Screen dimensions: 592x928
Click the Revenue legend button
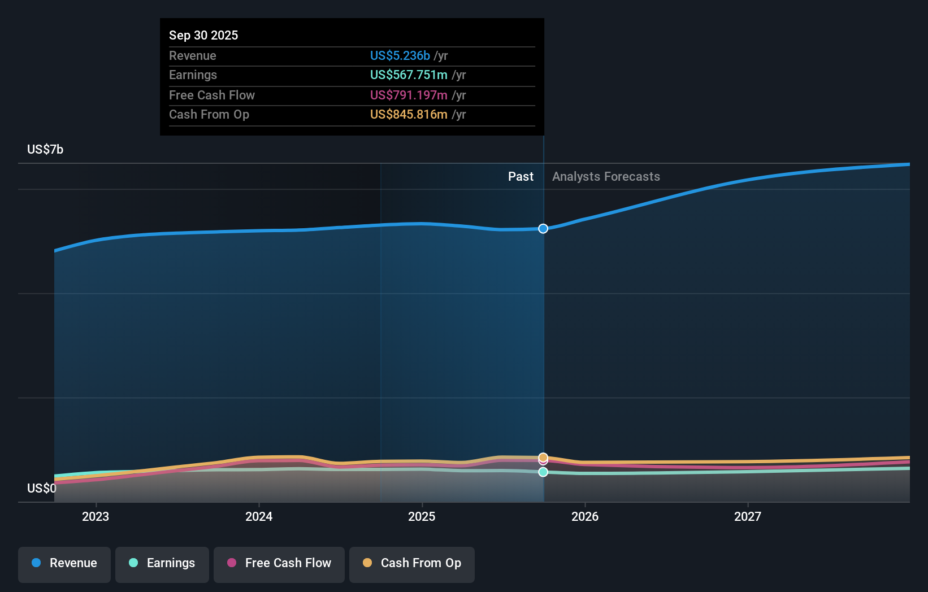click(64, 563)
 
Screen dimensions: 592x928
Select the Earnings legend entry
click(162, 563)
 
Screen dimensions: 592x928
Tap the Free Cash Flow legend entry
click(279, 563)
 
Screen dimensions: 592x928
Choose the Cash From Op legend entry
click(412, 563)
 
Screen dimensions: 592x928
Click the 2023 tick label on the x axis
click(96, 516)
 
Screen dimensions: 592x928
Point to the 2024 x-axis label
click(259, 516)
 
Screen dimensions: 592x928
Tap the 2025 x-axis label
click(422, 516)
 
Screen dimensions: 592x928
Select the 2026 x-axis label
click(585, 516)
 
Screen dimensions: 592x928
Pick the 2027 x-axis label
click(748, 516)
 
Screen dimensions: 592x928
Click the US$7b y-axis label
click(45, 150)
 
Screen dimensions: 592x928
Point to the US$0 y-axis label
click(42, 488)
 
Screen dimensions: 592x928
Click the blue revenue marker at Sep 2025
click(543, 229)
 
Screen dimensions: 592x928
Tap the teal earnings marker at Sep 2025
click(543, 472)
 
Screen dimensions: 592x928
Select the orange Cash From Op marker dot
click(543, 457)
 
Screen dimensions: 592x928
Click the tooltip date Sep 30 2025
click(203, 35)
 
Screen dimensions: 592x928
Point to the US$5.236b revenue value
click(400, 55)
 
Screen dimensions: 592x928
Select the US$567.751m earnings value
click(409, 75)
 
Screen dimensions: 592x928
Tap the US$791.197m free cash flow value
click(409, 95)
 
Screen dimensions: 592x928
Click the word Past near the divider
click(521, 177)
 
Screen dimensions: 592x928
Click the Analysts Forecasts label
click(606, 177)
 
